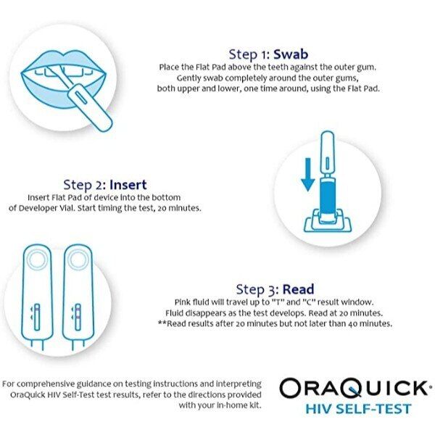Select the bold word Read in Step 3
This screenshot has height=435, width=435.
tap(298, 289)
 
